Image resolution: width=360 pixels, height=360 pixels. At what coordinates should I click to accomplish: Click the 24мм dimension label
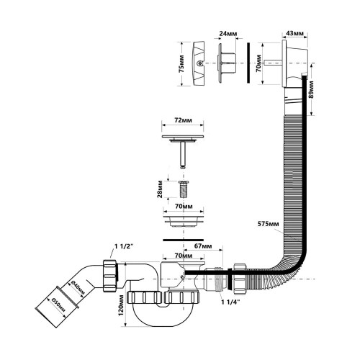pyautogui.click(x=228, y=33)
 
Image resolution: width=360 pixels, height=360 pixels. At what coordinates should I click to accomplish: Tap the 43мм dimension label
pyautogui.click(x=295, y=33)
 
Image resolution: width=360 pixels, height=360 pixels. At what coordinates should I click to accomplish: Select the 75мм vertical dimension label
pyautogui.click(x=182, y=64)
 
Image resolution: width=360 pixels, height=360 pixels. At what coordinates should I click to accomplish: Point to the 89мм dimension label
pyautogui.click(x=311, y=89)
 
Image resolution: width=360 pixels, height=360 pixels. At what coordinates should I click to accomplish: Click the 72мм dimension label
pyautogui.click(x=183, y=120)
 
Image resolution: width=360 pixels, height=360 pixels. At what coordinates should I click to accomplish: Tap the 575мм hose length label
pyautogui.click(x=268, y=224)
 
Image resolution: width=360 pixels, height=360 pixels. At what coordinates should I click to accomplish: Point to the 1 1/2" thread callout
pyautogui.click(x=124, y=246)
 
